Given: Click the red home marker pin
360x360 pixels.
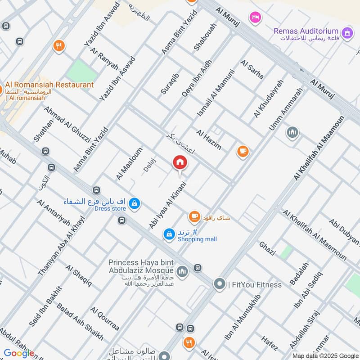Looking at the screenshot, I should pyautogui.click(x=180, y=162).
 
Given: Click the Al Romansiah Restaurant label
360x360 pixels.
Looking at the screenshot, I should pyautogui.click(x=49, y=85).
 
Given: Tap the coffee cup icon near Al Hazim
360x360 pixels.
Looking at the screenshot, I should pyautogui.click(x=243, y=151).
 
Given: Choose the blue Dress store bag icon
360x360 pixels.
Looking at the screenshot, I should pyautogui.click(x=134, y=204).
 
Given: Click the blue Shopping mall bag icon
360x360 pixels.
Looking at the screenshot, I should pyautogui.click(x=169, y=234).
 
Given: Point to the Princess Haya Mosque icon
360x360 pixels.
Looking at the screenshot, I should pyautogui.click(x=182, y=271).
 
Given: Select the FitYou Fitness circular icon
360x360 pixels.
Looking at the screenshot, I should pyautogui.click(x=220, y=284).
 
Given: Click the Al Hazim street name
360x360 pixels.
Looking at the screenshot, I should pyautogui.click(x=209, y=139).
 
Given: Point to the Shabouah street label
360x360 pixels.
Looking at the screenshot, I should pyautogui.click(x=206, y=37).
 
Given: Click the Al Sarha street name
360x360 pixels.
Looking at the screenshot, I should pyautogui.click(x=252, y=69).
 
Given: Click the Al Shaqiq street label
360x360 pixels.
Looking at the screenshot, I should pyautogui.click(x=79, y=276).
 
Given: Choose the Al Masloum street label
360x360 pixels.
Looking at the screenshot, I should pyautogui.click(x=129, y=164).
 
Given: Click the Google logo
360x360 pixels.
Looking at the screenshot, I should pyautogui.click(x=19, y=353).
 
